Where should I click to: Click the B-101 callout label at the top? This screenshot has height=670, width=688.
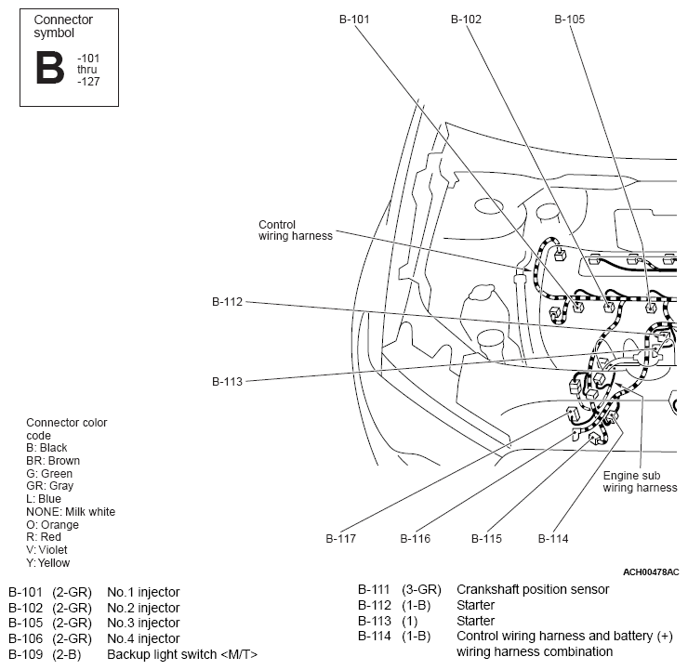354,20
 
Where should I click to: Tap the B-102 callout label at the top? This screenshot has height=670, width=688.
466,20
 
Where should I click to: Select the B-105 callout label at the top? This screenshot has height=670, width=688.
570,20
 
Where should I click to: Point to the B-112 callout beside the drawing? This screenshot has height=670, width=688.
227,302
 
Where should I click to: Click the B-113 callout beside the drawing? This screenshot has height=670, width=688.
227,382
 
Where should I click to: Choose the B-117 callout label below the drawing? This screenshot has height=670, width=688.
340,538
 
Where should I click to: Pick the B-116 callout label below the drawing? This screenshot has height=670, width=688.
415,538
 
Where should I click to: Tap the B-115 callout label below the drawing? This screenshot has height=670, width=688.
486,538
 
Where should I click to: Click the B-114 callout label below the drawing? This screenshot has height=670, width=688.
553,538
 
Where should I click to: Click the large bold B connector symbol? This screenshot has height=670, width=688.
50,67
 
